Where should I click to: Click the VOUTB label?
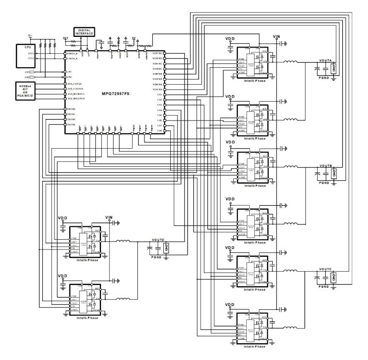[326, 165]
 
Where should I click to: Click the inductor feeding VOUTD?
[123, 241]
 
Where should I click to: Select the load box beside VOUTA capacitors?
[334, 69]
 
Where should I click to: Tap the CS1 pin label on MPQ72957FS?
[159, 95]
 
